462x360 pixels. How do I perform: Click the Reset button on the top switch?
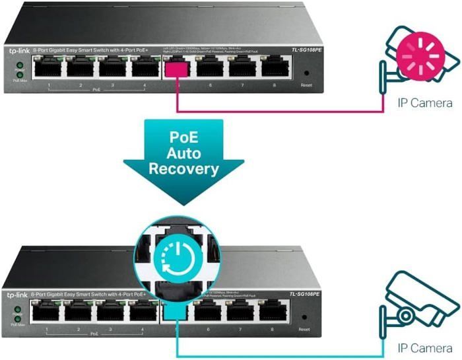pos(305,74)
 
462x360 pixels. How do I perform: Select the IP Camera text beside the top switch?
pos(424,103)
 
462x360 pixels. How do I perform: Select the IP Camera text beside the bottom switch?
pos(424,347)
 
